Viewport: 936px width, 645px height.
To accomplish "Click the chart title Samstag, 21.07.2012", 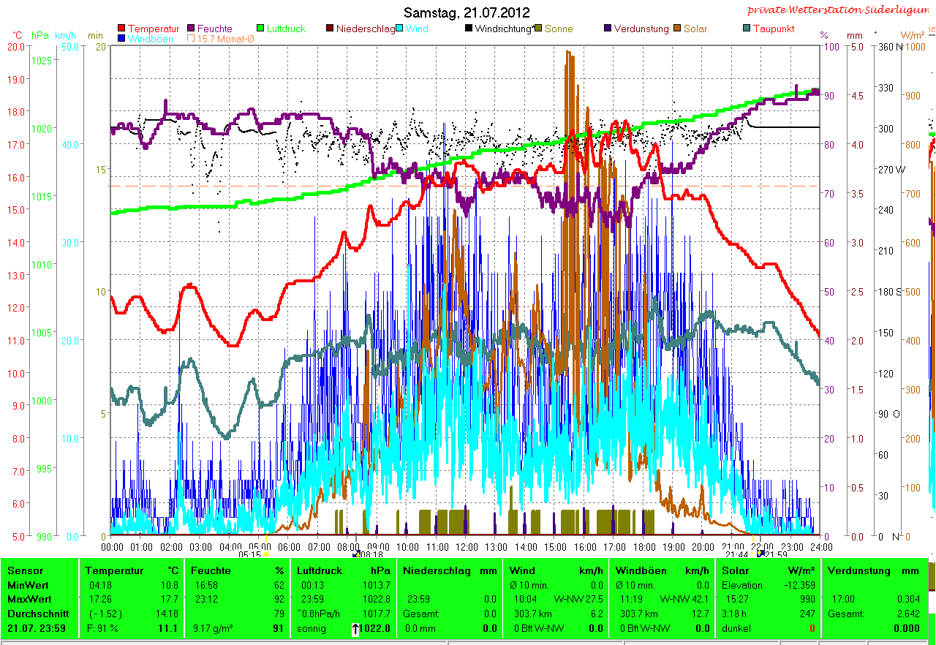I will [x=467, y=13].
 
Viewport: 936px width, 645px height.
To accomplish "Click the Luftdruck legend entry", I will [x=281, y=29].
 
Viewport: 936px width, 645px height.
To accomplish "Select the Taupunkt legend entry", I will [x=773, y=29].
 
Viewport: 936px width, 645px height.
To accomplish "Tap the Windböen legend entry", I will [x=150, y=39].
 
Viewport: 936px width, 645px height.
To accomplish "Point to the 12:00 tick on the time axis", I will [x=467, y=546].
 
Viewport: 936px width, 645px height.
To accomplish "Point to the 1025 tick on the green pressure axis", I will [x=42, y=60].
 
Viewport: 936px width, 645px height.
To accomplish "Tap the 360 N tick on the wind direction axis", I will [x=889, y=46].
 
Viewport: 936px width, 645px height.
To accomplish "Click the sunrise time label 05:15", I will [x=250, y=554].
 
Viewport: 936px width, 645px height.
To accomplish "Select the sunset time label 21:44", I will [x=736, y=554].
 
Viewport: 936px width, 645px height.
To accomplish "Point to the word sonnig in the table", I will [x=312, y=628].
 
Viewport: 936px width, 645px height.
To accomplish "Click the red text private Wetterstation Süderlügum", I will [x=841, y=10].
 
